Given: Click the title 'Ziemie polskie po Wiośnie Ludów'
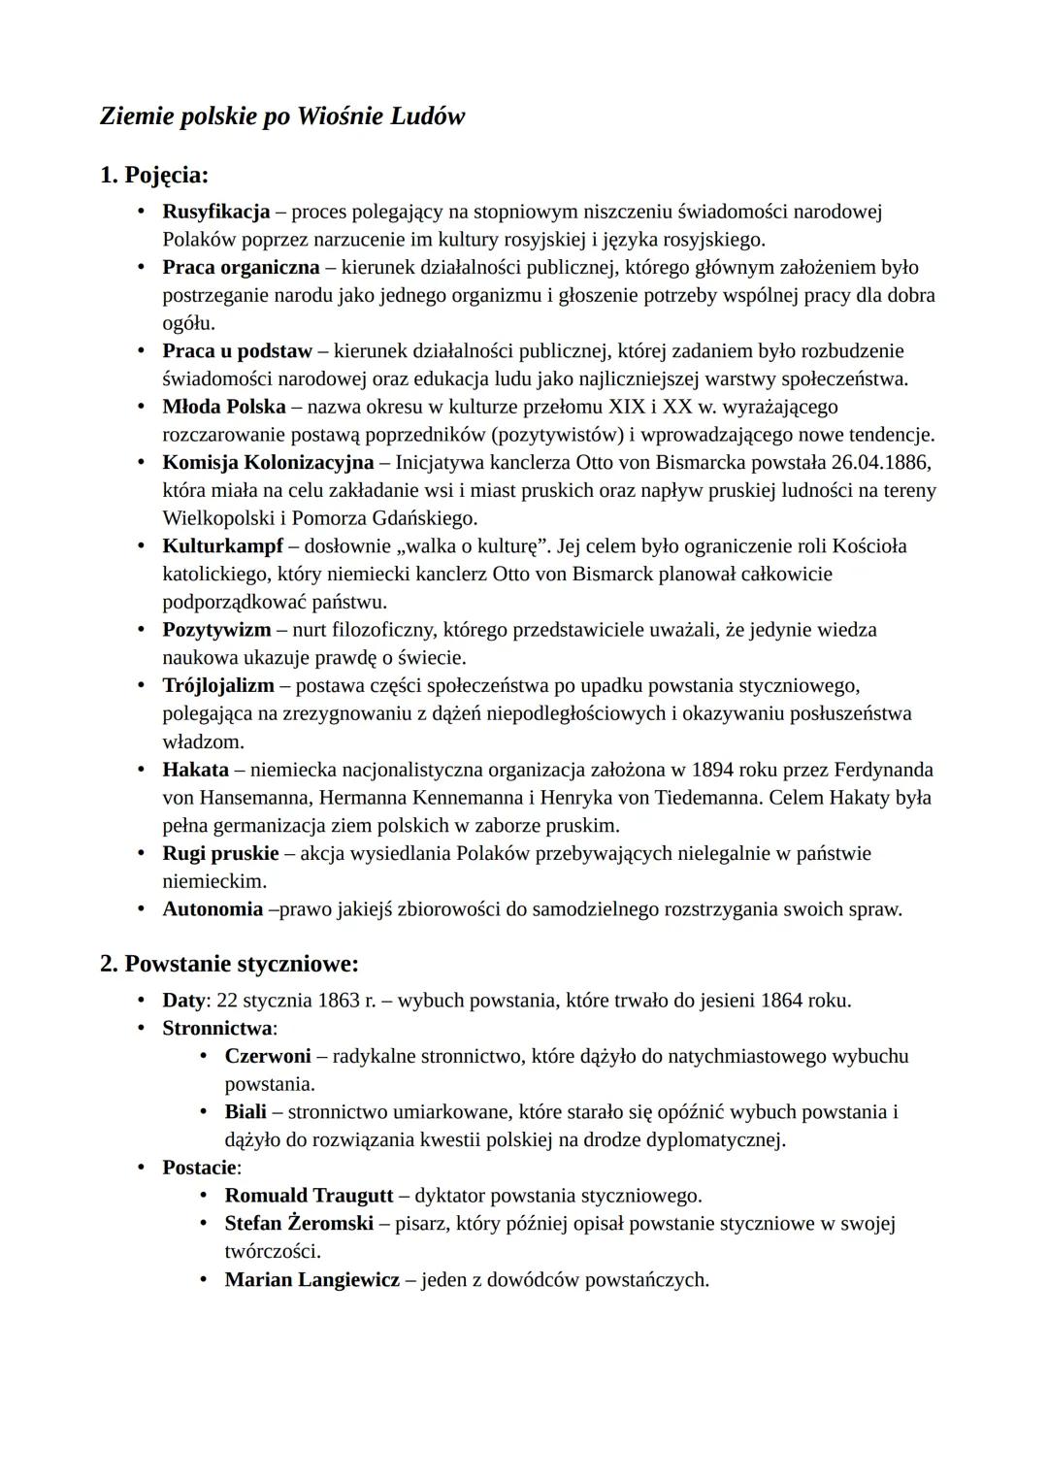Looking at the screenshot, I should [x=282, y=116].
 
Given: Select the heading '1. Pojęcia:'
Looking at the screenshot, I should [x=154, y=175].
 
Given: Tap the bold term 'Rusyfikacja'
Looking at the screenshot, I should [x=215, y=211].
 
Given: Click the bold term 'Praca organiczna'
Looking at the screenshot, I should [x=241, y=267].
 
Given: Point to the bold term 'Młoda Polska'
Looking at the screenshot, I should [x=223, y=406].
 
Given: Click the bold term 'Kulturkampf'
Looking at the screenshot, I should [x=223, y=545].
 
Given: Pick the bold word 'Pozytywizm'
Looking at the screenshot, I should [x=216, y=630].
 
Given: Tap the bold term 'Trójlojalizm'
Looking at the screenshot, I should [x=218, y=685].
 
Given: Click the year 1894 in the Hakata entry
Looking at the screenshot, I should [x=712, y=770].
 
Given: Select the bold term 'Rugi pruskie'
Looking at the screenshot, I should [x=220, y=853].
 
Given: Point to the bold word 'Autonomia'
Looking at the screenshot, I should [x=213, y=909].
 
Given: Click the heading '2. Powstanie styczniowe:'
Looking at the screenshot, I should [x=230, y=964].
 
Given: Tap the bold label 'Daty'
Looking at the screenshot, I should [x=183, y=1000].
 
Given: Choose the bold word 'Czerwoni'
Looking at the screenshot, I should [x=268, y=1055].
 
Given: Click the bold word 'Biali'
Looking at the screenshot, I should [x=246, y=1111].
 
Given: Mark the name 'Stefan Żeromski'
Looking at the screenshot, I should [x=299, y=1223].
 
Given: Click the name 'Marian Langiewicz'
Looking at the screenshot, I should [x=311, y=1279].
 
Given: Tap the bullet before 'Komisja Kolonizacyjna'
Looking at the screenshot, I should [x=142, y=462].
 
